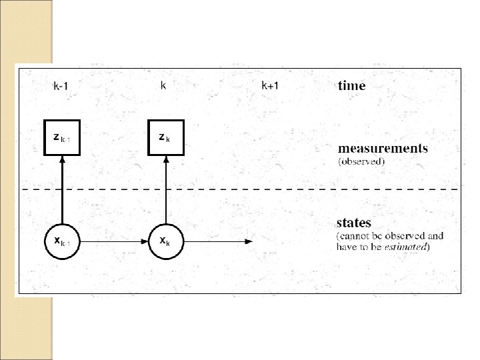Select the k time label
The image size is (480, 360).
tap(163, 85)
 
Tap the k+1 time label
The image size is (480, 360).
tap(269, 85)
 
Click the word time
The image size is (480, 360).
tap(351, 85)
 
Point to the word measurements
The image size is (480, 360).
tap(382, 148)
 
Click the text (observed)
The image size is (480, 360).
tap(361, 161)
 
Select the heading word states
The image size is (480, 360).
tap(354, 223)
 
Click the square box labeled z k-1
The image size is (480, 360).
tap(62, 137)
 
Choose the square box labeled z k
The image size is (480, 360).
tap(164, 137)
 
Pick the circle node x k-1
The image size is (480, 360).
tap(62, 241)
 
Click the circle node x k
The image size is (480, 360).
tap(164, 241)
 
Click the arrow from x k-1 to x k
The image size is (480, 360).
tap(113, 241)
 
